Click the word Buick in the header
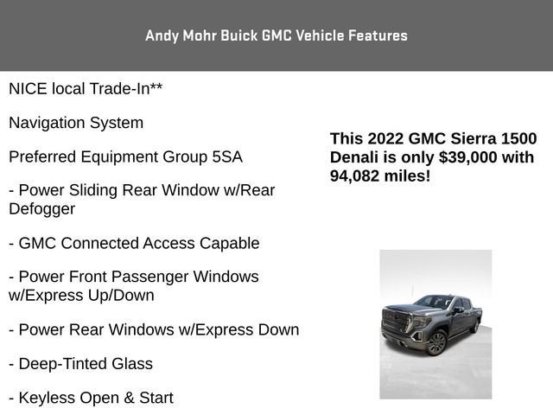pos(239,35)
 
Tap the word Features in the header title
pos(378,35)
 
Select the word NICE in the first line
pos(28,89)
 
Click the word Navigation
pos(47,123)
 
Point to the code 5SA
pos(227,157)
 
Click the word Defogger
pos(42,209)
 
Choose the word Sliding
pos(93,190)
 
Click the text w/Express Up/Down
pos(81,296)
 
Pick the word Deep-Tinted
pos(63,364)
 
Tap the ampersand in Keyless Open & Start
pos(129,398)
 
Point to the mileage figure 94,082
pos(354,176)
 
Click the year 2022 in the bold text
pos(385,138)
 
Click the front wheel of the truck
pos(436,342)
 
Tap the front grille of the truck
pos(395,322)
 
